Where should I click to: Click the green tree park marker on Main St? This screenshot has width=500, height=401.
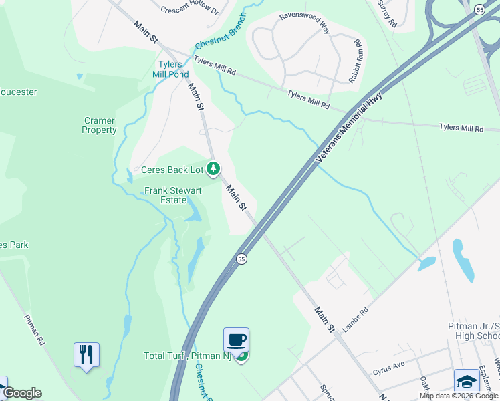coord(213,169)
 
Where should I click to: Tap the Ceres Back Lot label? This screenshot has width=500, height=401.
coord(172,170)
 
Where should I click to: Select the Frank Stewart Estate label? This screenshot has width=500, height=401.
coord(173,195)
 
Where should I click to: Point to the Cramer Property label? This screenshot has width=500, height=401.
coord(99,126)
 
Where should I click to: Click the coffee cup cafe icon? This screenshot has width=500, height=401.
coord(236,340)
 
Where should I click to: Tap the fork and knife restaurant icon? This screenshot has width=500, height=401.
coord(86,354)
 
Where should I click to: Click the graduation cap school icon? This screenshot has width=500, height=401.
coord(466,380)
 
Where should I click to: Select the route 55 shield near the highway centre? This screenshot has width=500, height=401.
coord(241,259)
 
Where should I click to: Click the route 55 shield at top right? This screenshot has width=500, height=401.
coord(479,9)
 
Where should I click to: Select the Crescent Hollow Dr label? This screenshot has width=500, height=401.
coord(190,10)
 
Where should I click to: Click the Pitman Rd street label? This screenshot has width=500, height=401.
coord(34,329)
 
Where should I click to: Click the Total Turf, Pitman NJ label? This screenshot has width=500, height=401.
coord(186,356)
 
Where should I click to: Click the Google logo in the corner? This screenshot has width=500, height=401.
coord(22,393)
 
